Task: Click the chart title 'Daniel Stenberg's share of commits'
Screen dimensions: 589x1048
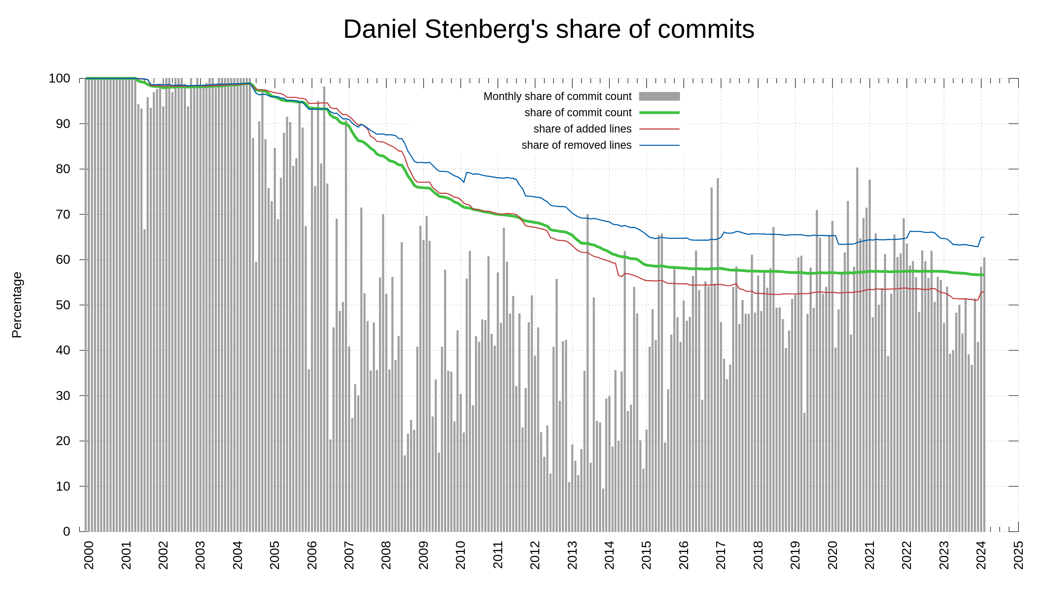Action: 549,29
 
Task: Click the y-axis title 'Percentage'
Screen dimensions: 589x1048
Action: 17,305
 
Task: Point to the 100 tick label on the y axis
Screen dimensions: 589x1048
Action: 59,78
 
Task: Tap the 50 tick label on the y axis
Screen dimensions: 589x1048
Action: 63,305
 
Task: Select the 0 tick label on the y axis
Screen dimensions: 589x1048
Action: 67,532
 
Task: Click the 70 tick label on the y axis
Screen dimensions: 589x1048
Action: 63,214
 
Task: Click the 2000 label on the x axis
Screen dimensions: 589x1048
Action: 89,555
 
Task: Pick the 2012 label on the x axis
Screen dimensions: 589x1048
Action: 535,555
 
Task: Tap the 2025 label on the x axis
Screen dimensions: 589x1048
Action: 1018,555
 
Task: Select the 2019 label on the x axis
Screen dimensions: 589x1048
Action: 795,555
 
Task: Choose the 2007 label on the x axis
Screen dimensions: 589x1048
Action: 349,555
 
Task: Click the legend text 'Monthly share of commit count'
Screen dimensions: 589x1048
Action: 558,96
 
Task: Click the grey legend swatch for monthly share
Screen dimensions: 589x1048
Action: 659,96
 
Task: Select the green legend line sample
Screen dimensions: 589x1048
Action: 659,113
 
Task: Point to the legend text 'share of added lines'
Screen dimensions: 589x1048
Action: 582,129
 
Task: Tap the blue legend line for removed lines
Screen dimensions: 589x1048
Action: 659,145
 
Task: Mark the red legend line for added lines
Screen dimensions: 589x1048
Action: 659,129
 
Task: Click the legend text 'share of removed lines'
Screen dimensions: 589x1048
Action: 576,145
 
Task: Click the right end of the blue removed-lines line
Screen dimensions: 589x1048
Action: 983,237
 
